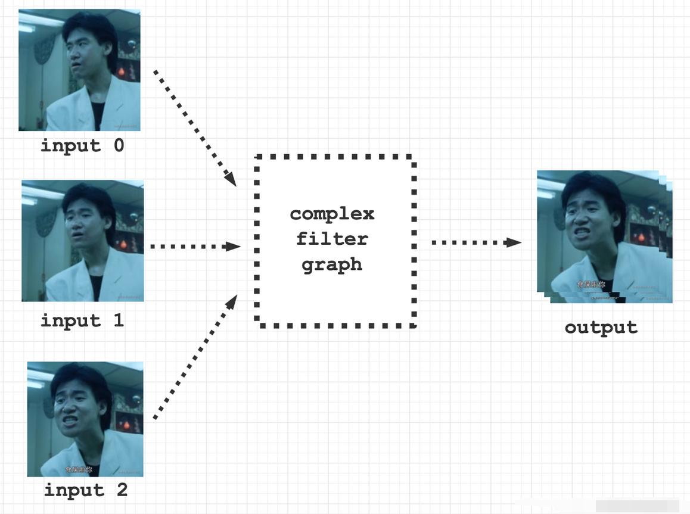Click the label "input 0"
click(x=82, y=145)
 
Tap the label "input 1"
click(x=82, y=320)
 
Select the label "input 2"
click(x=86, y=490)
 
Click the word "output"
click(x=601, y=328)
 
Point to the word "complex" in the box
click(x=332, y=213)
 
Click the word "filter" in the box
click(x=332, y=239)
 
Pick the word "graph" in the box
click(x=332, y=264)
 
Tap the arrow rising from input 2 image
click(x=195, y=357)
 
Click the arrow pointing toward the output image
click(x=475, y=242)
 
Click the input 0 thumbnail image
click(x=79, y=70)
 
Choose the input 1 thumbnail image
click(x=82, y=241)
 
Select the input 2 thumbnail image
click(x=85, y=419)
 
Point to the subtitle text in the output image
click(x=591, y=285)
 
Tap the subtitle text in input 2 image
click(x=79, y=470)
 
